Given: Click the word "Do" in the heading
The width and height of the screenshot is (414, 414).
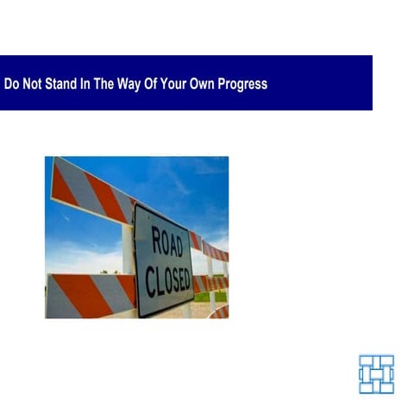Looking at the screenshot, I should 11,85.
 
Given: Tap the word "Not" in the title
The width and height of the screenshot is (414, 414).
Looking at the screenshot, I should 32,85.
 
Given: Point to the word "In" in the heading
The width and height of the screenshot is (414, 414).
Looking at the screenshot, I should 87,85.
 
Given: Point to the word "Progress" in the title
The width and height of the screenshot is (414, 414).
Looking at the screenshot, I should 245,85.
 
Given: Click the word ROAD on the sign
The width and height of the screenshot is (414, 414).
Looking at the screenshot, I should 166,242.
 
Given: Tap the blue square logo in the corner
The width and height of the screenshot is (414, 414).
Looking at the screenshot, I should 376,373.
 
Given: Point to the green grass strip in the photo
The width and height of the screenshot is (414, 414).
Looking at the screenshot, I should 202,296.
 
